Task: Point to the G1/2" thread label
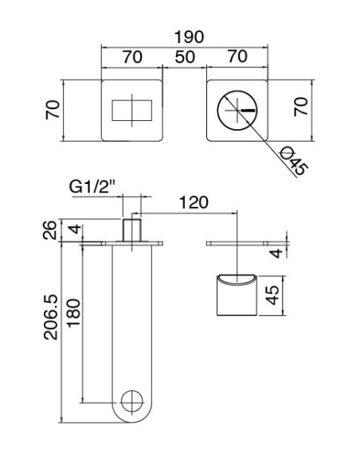coord(92,188)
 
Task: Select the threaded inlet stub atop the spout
coord(131,229)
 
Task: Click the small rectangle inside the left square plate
coord(132,111)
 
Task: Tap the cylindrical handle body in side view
coord(237,295)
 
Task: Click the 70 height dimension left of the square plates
coord(52,111)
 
